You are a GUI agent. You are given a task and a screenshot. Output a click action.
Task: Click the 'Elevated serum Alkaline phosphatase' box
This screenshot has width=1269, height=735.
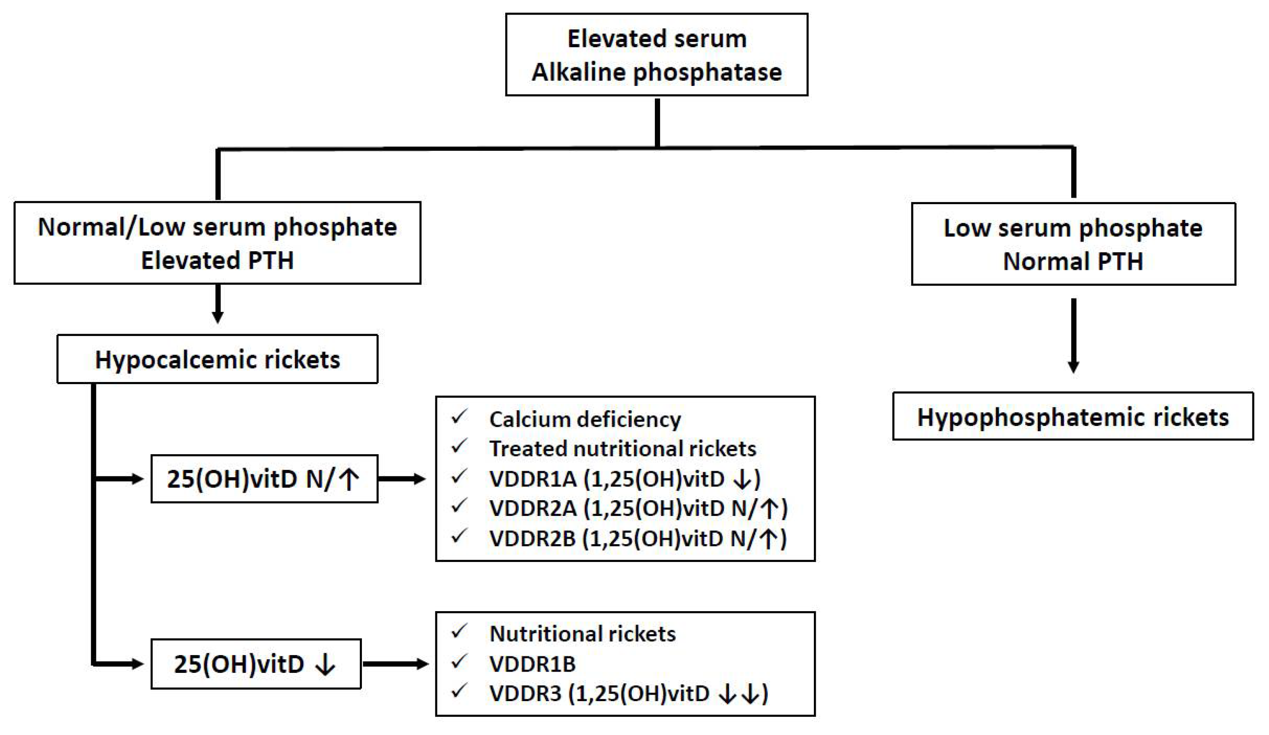tap(656, 55)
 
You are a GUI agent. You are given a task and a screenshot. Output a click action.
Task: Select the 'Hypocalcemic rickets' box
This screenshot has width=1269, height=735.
tap(217, 359)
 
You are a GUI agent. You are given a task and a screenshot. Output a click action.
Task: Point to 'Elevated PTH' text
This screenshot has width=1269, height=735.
tap(217, 261)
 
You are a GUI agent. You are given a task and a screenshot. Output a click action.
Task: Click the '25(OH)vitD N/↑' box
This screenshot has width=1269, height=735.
tap(264, 479)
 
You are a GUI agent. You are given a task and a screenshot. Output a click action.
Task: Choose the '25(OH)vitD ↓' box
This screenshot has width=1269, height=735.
tap(255, 664)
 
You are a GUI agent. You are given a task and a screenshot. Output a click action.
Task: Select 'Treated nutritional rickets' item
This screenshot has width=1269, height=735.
tap(623, 449)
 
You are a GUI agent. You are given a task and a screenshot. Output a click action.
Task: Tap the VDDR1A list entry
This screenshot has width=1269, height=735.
tap(625, 479)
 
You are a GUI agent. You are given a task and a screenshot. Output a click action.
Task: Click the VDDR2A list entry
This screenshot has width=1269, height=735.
tap(638, 508)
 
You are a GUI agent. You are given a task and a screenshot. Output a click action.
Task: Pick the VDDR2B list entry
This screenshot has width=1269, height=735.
tap(638, 539)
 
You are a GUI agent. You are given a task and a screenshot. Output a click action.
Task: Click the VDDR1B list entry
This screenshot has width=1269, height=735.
tap(532, 664)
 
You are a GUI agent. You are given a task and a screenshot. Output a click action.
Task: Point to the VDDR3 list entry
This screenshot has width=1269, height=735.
tap(628, 694)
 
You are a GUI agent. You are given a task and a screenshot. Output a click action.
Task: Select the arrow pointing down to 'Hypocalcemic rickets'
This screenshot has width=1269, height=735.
tap(217, 304)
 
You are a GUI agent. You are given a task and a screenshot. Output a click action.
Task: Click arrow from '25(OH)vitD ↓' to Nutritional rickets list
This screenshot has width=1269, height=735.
tap(395, 664)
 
